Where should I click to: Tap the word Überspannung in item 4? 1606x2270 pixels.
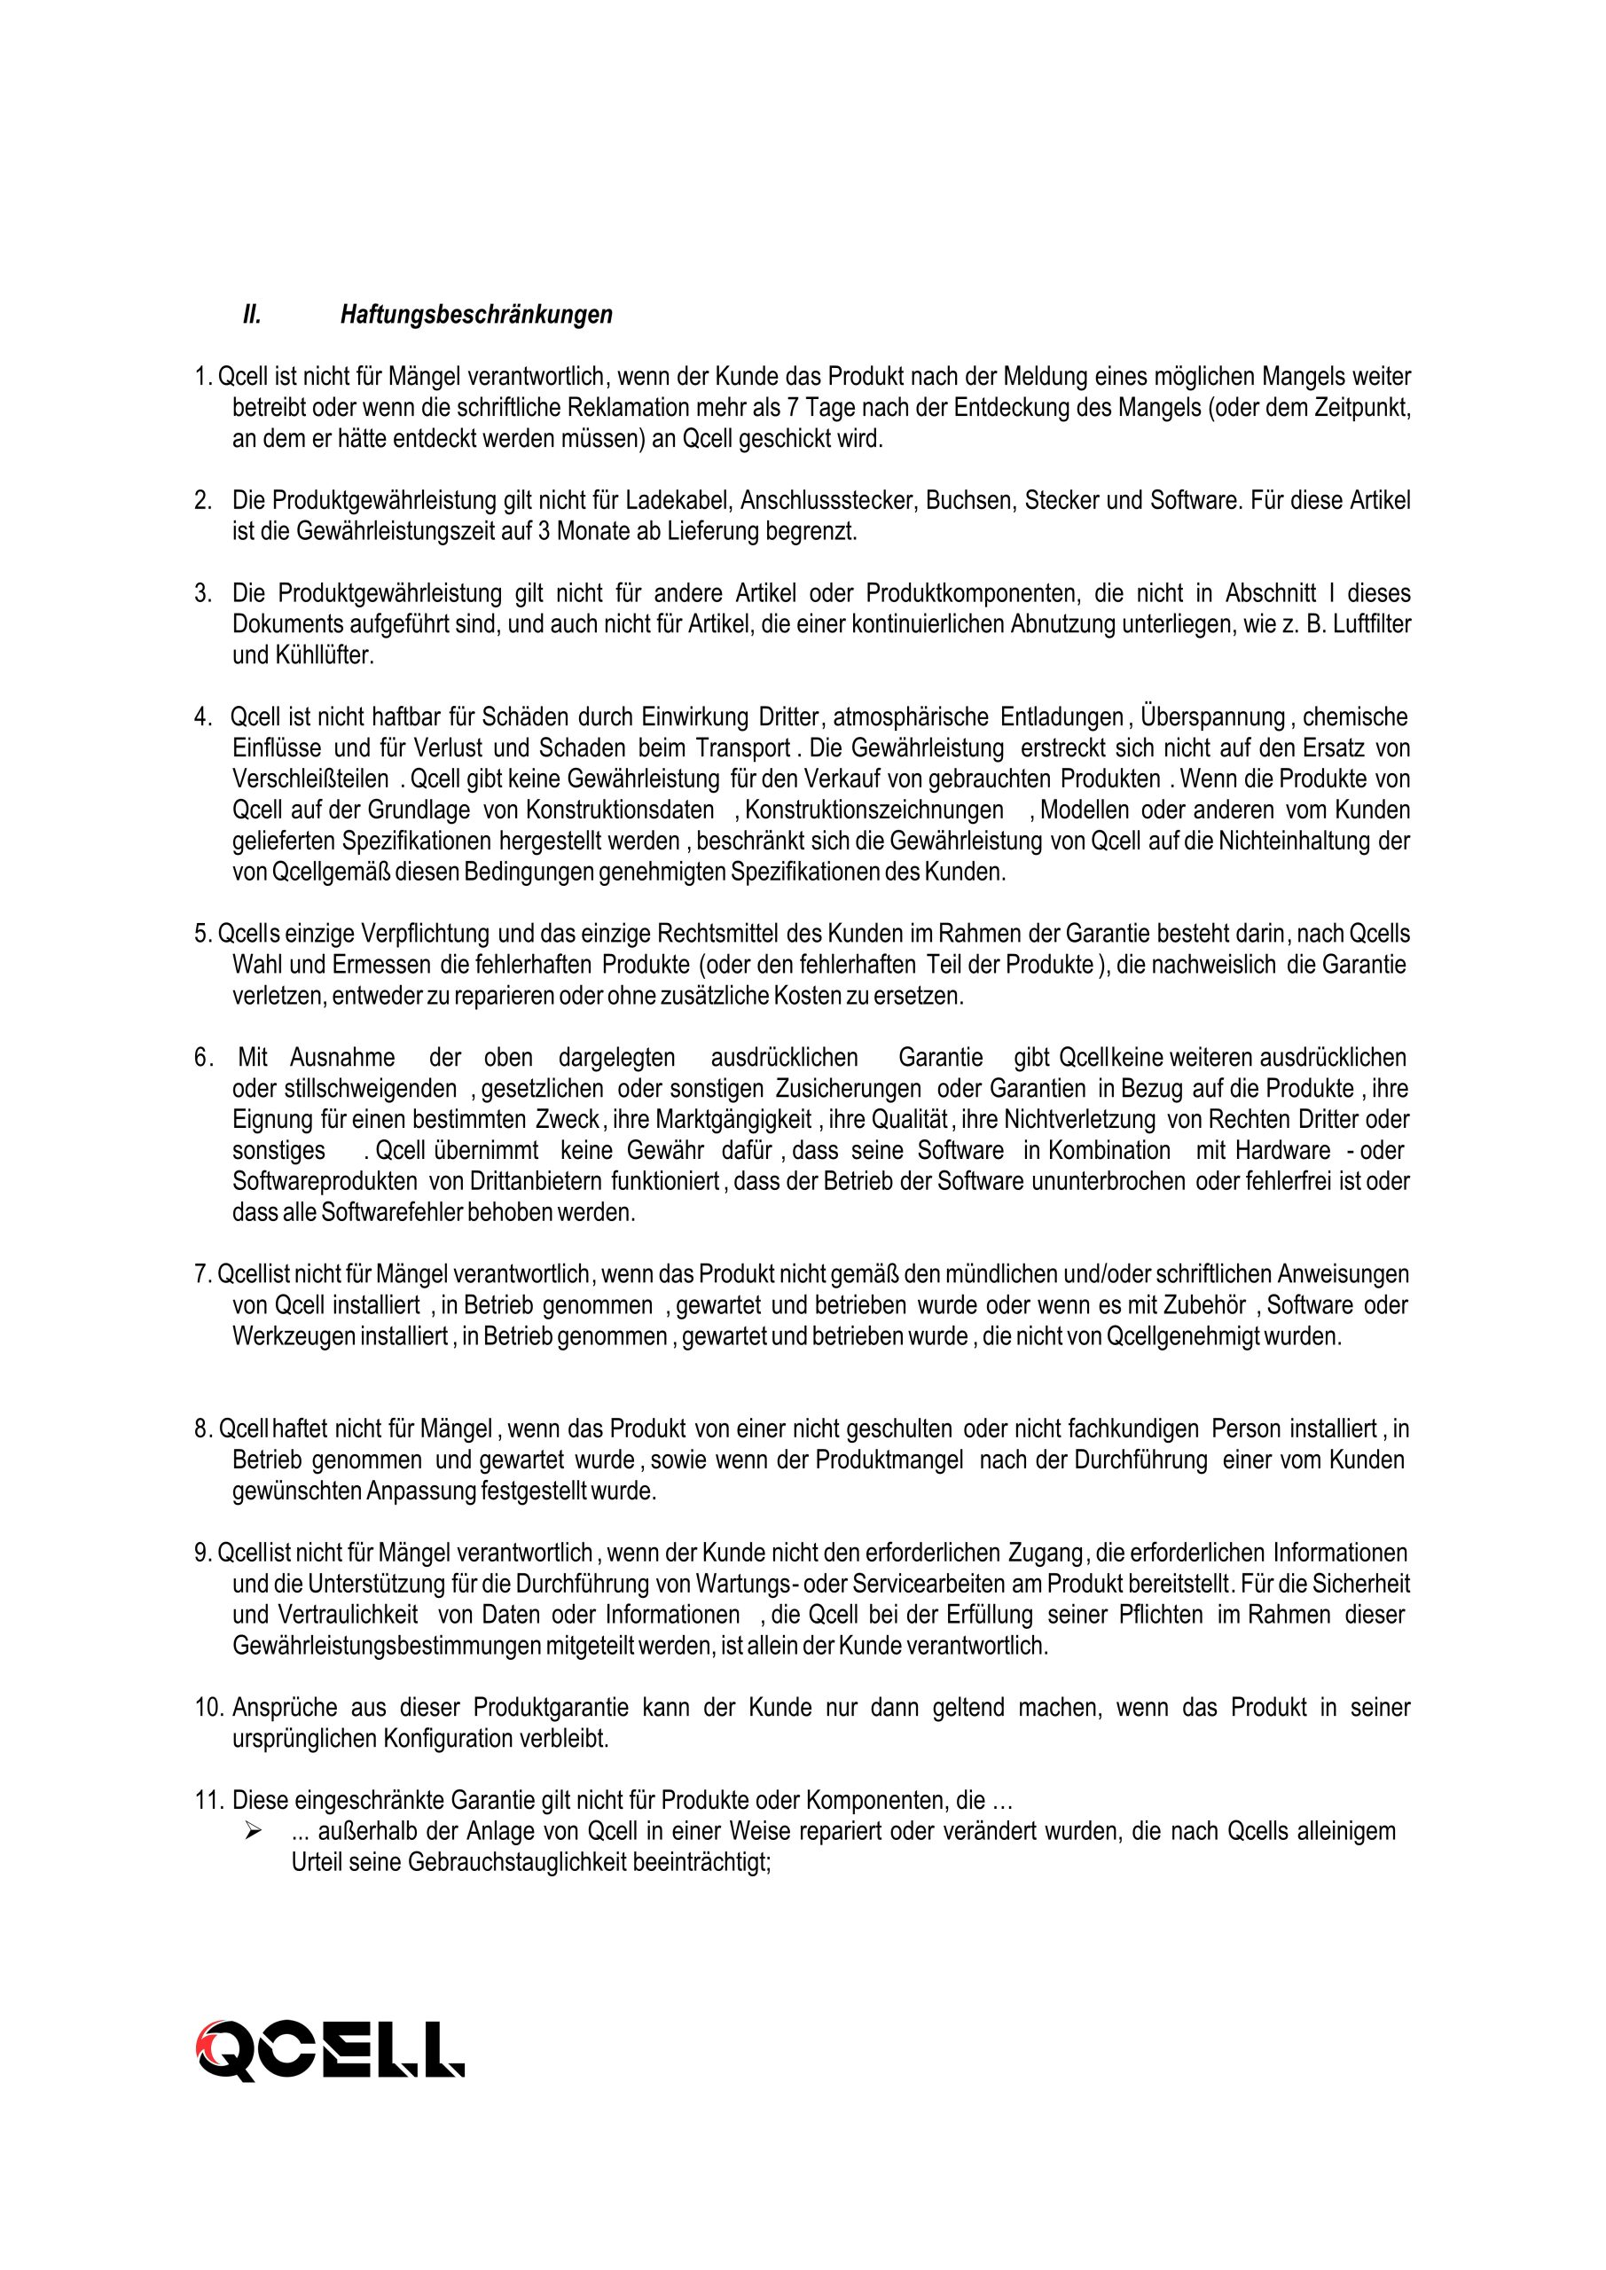[x=1212, y=716]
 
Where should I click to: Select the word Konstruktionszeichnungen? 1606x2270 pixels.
[x=874, y=810]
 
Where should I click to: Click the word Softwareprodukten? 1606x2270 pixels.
[x=325, y=1181]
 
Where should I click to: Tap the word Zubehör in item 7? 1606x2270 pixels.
[x=1203, y=1305]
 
